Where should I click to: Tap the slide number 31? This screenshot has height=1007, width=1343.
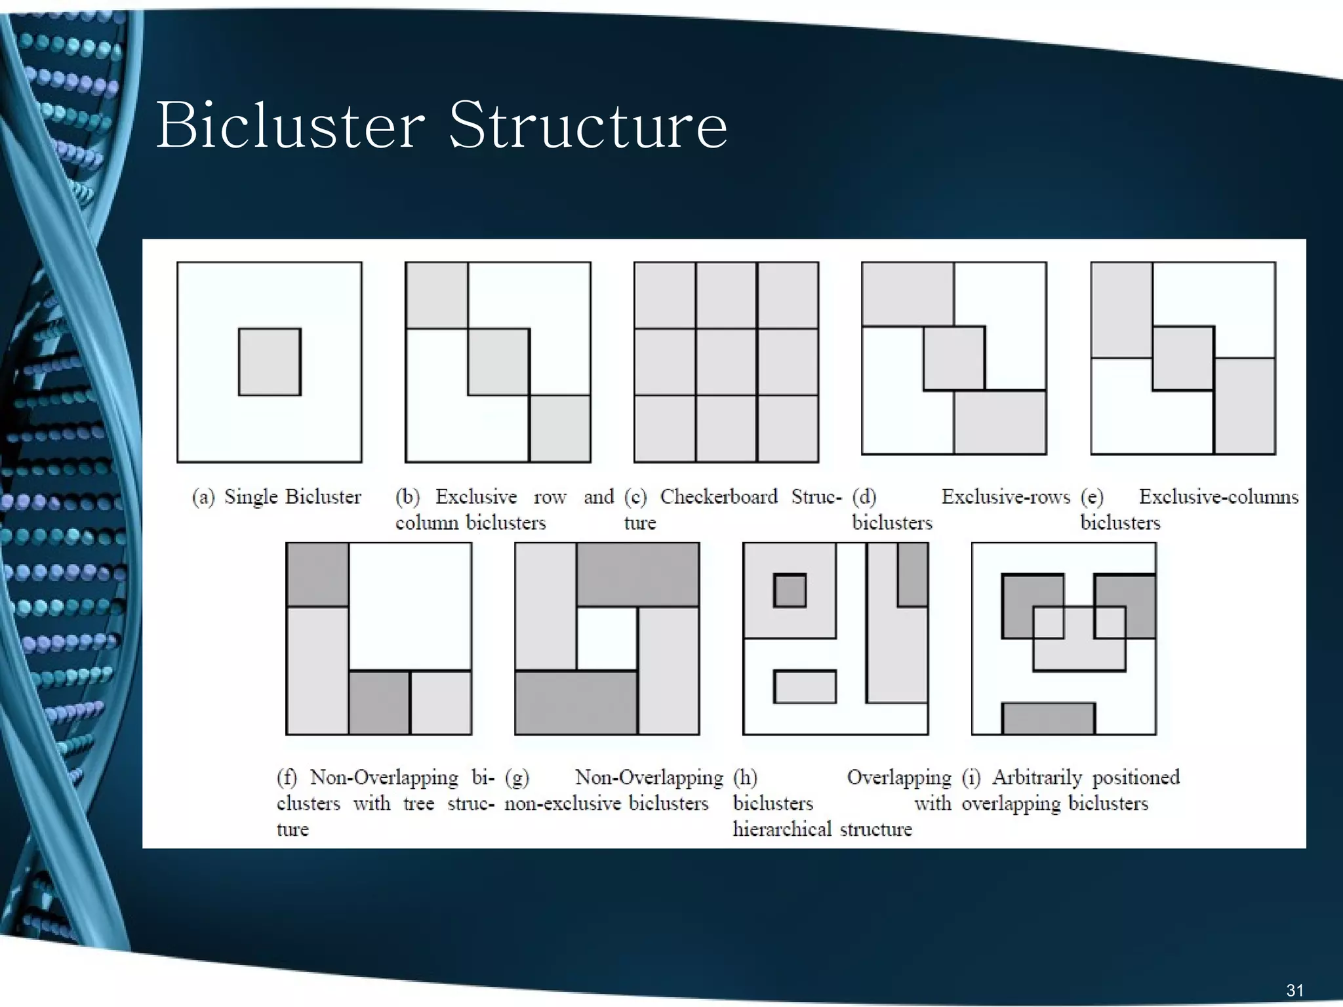pyautogui.click(x=1294, y=990)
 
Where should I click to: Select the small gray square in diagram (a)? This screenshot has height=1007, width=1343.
pyautogui.click(x=270, y=362)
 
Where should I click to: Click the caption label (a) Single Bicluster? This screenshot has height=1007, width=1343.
pyautogui.click(x=276, y=497)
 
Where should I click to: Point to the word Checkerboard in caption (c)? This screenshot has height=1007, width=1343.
pyautogui.click(x=719, y=496)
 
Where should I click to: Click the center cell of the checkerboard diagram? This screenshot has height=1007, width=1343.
pyautogui.click(x=726, y=362)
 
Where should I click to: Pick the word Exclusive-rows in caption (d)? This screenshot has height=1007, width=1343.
pyautogui.click(x=1005, y=497)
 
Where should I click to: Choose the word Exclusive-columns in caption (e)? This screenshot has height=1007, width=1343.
pyautogui.click(x=1218, y=497)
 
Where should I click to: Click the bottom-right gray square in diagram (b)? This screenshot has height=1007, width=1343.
pyautogui.click(x=560, y=429)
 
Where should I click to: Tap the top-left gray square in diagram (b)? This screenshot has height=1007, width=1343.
pyautogui.click(x=437, y=295)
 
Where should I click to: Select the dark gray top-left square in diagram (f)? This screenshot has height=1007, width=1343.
pyautogui.click(x=318, y=575)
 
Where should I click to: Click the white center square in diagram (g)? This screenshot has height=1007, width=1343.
pyautogui.click(x=607, y=639)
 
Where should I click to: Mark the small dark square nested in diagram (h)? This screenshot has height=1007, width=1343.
pyautogui.click(x=790, y=591)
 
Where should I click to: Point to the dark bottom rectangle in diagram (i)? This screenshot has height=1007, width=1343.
pyautogui.click(x=1048, y=719)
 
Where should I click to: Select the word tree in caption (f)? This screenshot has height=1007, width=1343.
pyautogui.click(x=418, y=803)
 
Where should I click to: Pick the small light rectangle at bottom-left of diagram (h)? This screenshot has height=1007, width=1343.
pyautogui.click(x=805, y=686)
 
